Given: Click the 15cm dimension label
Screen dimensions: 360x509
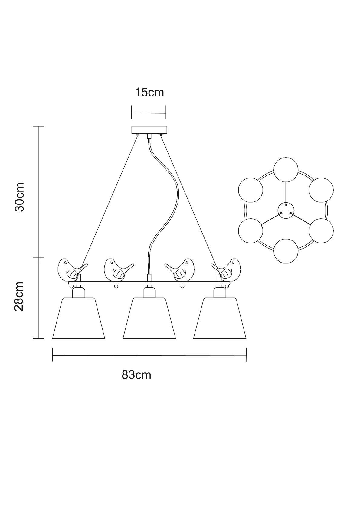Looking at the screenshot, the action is (149, 92).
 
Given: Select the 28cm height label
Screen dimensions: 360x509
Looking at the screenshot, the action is (19, 296).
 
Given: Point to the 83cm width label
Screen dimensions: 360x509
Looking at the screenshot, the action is (136, 375).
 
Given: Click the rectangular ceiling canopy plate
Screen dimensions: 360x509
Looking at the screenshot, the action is (149, 130).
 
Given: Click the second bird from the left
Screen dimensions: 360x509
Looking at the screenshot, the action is (116, 269).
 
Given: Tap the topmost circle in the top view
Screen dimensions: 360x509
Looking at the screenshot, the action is (286, 170).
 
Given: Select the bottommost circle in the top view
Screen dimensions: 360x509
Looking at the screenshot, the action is (286, 251).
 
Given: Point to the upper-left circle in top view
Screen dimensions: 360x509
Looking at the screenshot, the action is (250, 190).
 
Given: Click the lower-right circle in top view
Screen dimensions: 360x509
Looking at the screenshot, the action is (321, 230).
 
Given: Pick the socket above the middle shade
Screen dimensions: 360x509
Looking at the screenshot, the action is (149, 293).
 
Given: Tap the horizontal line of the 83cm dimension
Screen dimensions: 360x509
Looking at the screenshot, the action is (149, 356).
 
